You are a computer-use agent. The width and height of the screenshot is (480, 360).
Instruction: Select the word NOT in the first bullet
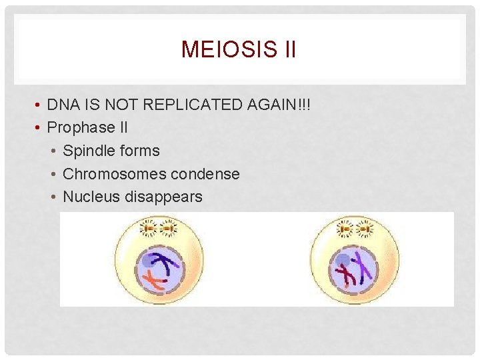[x=125, y=105]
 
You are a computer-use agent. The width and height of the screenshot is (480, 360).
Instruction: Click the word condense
[x=207, y=174]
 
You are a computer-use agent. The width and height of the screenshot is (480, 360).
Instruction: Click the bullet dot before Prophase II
[x=39, y=127]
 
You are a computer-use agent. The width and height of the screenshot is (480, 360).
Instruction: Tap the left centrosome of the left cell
[x=148, y=229]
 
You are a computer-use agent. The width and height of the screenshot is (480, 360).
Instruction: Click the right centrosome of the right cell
[x=365, y=229]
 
